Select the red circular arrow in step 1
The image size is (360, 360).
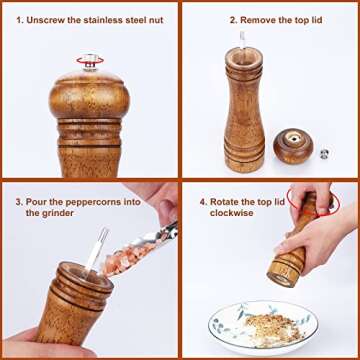pos(90,62)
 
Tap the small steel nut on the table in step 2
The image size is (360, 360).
pos(323,154)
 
